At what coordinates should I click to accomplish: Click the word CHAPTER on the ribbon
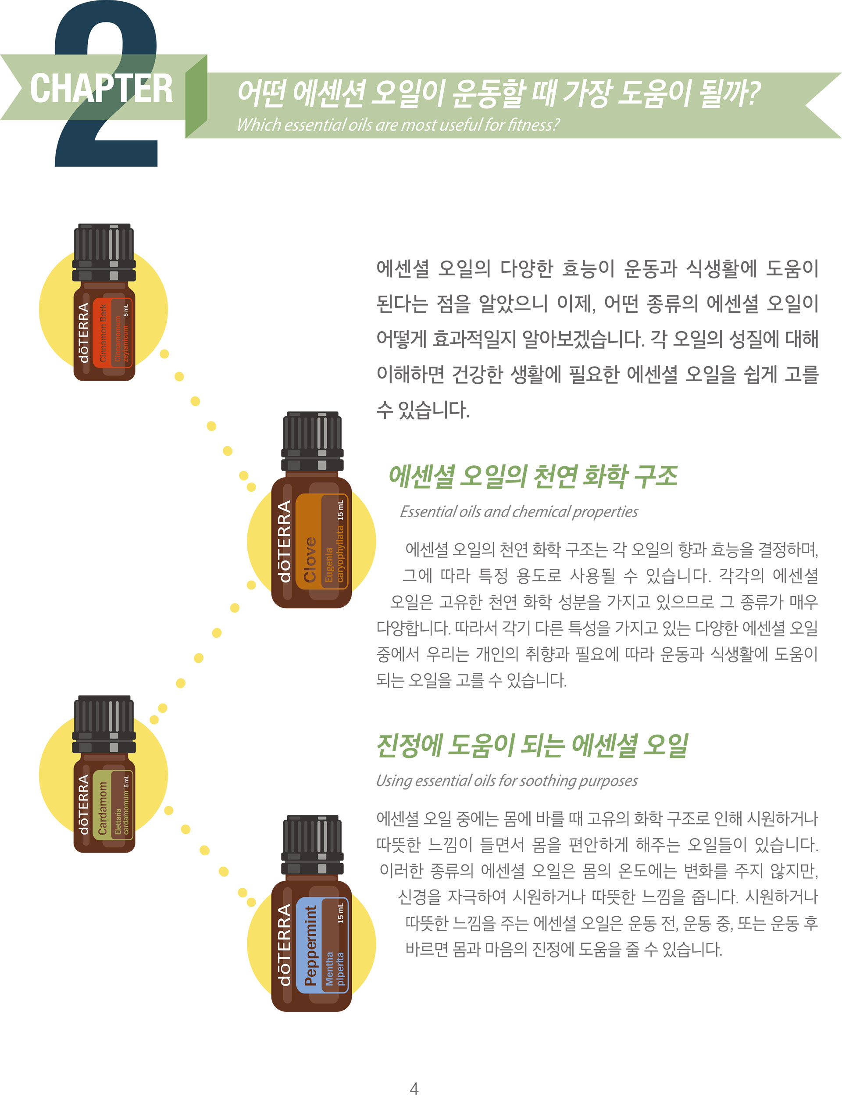pyautogui.click(x=101, y=88)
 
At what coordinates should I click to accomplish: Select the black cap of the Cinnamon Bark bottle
pyautogui.click(x=104, y=253)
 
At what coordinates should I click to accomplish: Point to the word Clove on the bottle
pyautogui.click(x=310, y=559)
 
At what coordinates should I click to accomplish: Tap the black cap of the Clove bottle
pyautogui.click(x=312, y=441)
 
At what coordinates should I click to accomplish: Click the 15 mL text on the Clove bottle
pyautogui.click(x=341, y=510)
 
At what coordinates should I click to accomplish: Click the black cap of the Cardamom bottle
pyautogui.click(x=104, y=724)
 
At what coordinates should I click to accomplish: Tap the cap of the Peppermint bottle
pyautogui.click(x=312, y=845)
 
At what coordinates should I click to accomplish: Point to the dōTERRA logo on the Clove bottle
pyautogui.click(x=284, y=541)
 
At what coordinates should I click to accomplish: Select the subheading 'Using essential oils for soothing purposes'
pyautogui.click(x=507, y=780)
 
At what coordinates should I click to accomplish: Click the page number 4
pyautogui.click(x=414, y=1089)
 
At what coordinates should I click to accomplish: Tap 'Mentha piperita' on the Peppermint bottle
pyautogui.click(x=335, y=969)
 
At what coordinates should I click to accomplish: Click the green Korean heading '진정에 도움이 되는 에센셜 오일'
pyautogui.click(x=532, y=746)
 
